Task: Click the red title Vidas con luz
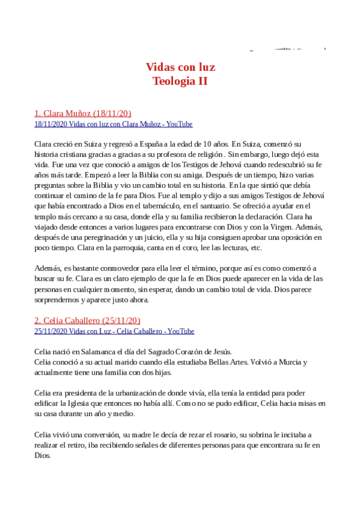pos(180,67)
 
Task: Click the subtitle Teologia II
pos(180,81)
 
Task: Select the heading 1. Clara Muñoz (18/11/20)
pos(82,112)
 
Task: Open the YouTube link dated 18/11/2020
pos(113,124)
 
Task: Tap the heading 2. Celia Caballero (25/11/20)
pos(87,320)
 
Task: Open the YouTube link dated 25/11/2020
pos(114,331)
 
